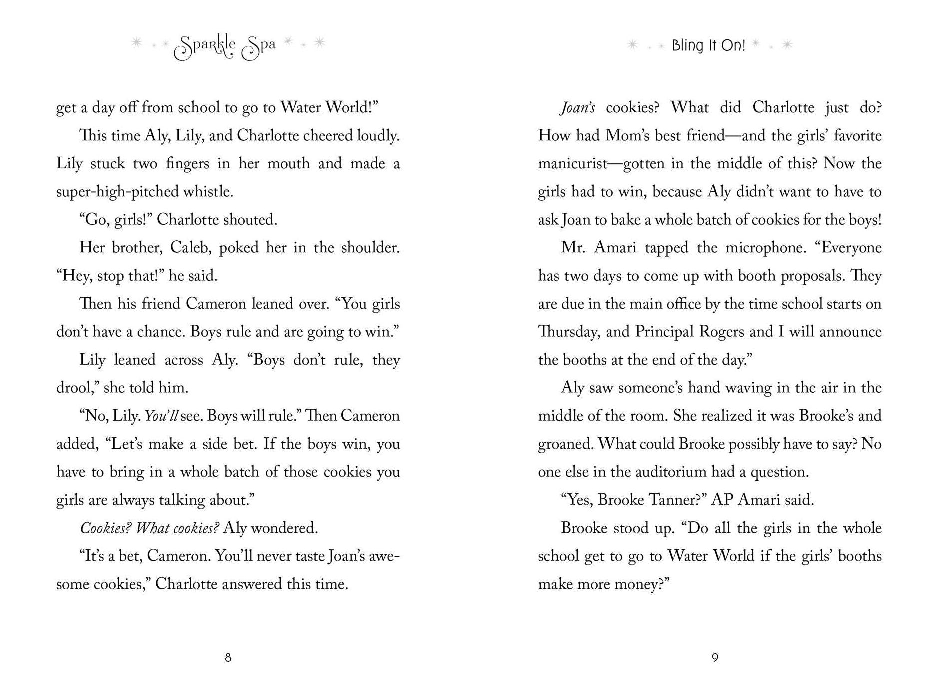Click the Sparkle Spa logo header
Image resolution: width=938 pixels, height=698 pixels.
(x=225, y=47)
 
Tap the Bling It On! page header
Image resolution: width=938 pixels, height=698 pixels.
(x=708, y=45)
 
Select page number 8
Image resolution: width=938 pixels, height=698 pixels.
(x=228, y=658)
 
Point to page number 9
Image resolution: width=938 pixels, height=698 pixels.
(x=715, y=658)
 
